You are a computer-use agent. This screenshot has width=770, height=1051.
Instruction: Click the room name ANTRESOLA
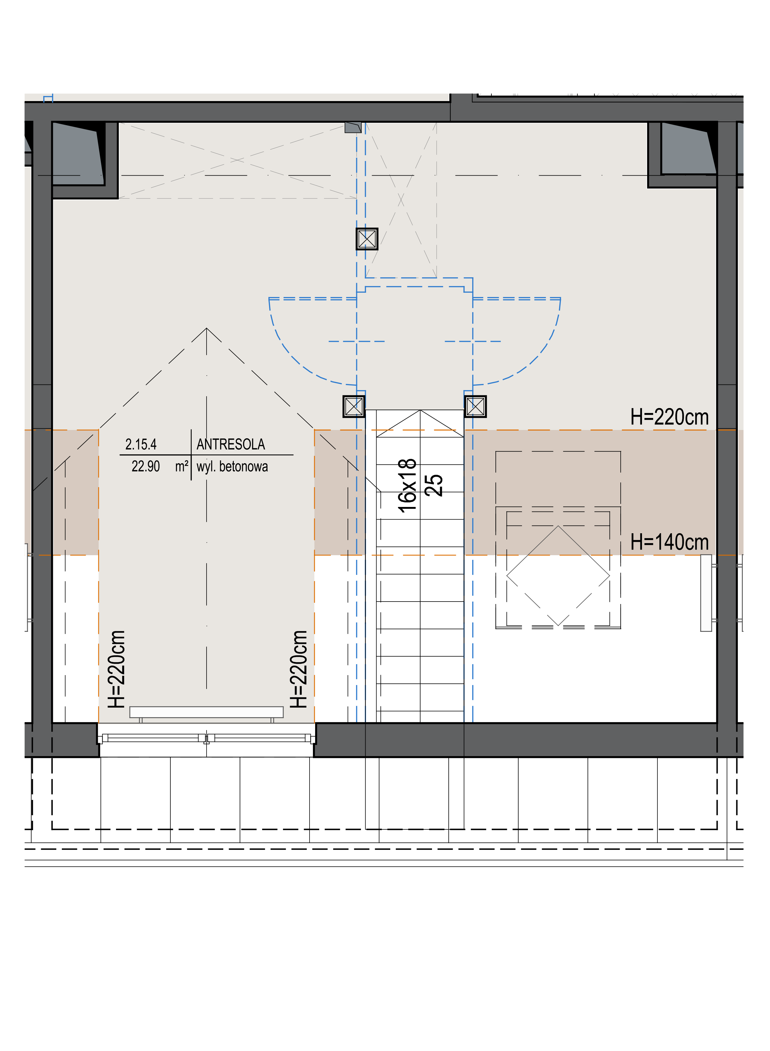click(231, 445)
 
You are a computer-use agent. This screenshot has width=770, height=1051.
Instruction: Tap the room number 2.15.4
click(141, 445)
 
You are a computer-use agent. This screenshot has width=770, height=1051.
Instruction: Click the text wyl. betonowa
click(232, 466)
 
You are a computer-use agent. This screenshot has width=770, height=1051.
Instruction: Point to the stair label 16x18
click(407, 485)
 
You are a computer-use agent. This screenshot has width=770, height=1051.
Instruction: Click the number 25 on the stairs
click(434, 485)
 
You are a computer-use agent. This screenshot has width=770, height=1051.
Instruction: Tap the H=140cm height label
click(669, 542)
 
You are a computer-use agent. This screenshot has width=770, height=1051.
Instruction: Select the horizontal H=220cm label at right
click(669, 417)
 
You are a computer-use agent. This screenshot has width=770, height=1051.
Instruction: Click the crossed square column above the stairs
click(367, 239)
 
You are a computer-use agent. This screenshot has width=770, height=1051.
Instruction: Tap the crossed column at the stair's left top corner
click(354, 406)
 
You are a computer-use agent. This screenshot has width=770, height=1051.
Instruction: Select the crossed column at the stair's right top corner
click(475, 406)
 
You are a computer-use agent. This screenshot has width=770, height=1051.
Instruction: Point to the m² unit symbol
click(182, 466)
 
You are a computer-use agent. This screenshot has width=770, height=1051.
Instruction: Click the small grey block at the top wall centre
click(353, 127)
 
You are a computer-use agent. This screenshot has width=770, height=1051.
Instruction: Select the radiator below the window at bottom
click(207, 712)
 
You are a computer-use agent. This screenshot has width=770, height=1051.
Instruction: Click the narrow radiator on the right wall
click(706, 593)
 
